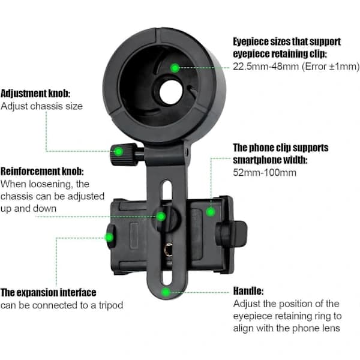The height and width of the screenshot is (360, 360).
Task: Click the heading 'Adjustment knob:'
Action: click(x=35, y=94)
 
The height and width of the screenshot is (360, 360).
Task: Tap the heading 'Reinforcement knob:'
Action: click(x=42, y=171)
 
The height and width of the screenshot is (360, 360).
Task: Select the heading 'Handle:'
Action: click(x=248, y=291)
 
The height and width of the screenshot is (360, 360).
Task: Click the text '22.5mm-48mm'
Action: click(x=266, y=67)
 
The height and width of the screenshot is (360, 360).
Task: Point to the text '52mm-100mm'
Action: click(x=265, y=172)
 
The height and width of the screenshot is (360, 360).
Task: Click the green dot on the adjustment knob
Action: click(x=118, y=152)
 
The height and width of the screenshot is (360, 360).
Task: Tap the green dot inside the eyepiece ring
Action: click(x=175, y=68)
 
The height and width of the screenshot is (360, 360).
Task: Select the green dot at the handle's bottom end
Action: click(x=166, y=292)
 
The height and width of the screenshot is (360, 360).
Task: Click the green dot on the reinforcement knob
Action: click(x=161, y=216)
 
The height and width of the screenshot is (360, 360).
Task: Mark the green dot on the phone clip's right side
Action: click(x=211, y=212)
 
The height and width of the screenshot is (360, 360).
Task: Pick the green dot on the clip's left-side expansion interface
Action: click(x=109, y=238)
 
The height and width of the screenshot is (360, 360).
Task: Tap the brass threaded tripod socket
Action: click(x=169, y=250)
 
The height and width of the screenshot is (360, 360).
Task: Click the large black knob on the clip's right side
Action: click(x=232, y=233)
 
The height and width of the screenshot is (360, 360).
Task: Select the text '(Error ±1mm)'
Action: click(x=331, y=67)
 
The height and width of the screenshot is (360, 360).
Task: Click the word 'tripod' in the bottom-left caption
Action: click(x=111, y=305)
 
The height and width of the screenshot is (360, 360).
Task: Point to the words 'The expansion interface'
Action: click(x=48, y=293)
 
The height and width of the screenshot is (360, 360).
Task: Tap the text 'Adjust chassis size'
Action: click(x=41, y=106)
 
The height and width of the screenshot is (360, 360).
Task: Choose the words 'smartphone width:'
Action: click(x=270, y=160)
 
